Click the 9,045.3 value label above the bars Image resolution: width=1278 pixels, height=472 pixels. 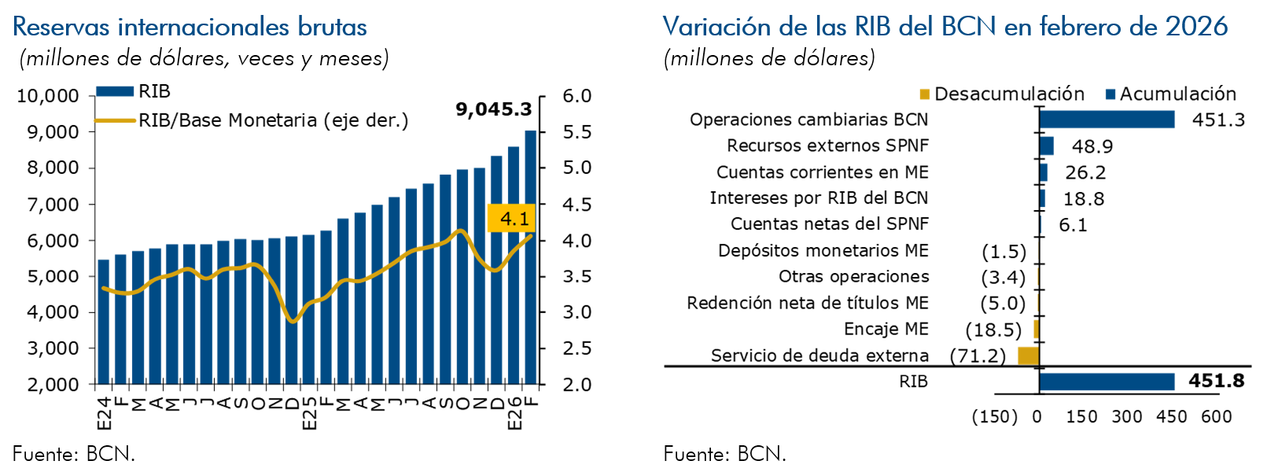494,109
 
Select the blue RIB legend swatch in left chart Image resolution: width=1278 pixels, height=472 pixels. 115,91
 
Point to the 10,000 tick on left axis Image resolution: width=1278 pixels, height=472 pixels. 48,96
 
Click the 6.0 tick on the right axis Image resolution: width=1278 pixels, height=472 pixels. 576,96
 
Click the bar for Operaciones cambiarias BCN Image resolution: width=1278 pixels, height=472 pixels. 1107,120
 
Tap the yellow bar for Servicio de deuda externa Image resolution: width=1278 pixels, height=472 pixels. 1028,356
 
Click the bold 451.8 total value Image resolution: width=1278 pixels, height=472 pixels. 1216,381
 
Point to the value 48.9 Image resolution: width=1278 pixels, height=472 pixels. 1092,146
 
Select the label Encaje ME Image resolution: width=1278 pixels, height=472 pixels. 886,329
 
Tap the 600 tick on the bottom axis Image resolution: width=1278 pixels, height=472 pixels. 1216,416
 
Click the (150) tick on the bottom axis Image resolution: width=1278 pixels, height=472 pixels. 994,416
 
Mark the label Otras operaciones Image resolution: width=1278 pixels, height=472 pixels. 853,277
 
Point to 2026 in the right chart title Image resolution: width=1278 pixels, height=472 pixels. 1196,28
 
